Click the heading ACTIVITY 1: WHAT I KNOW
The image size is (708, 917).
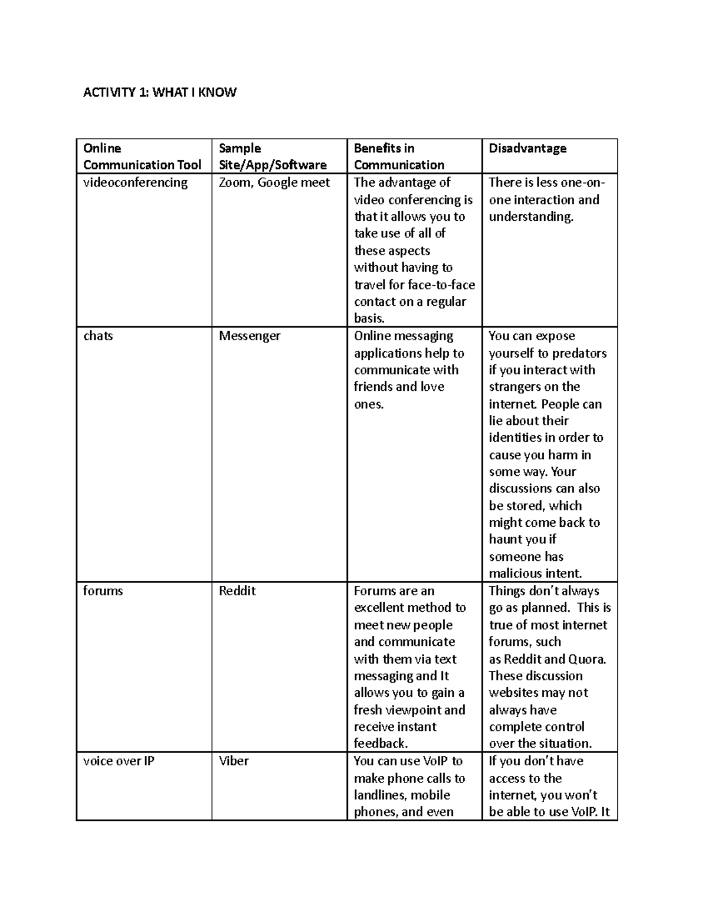tap(159, 92)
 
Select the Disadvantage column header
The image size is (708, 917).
tap(527, 148)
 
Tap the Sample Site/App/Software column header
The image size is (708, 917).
tap(272, 156)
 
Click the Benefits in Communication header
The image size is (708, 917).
tap(399, 156)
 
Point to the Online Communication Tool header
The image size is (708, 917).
tap(142, 156)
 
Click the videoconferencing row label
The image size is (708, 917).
tap(135, 182)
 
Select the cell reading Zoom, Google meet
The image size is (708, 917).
tap(274, 182)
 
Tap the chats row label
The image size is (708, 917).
tap(98, 336)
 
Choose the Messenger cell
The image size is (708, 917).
tap(250, 336)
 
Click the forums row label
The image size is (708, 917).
tap(103, 591)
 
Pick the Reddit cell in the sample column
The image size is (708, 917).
tap(237, 591)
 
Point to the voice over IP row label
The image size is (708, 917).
tap(119, 761)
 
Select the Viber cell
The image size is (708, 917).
tap(234, 761)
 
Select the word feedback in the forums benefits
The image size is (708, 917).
tap(379, 743)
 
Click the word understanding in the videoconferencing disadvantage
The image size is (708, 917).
tap(530, 217)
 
